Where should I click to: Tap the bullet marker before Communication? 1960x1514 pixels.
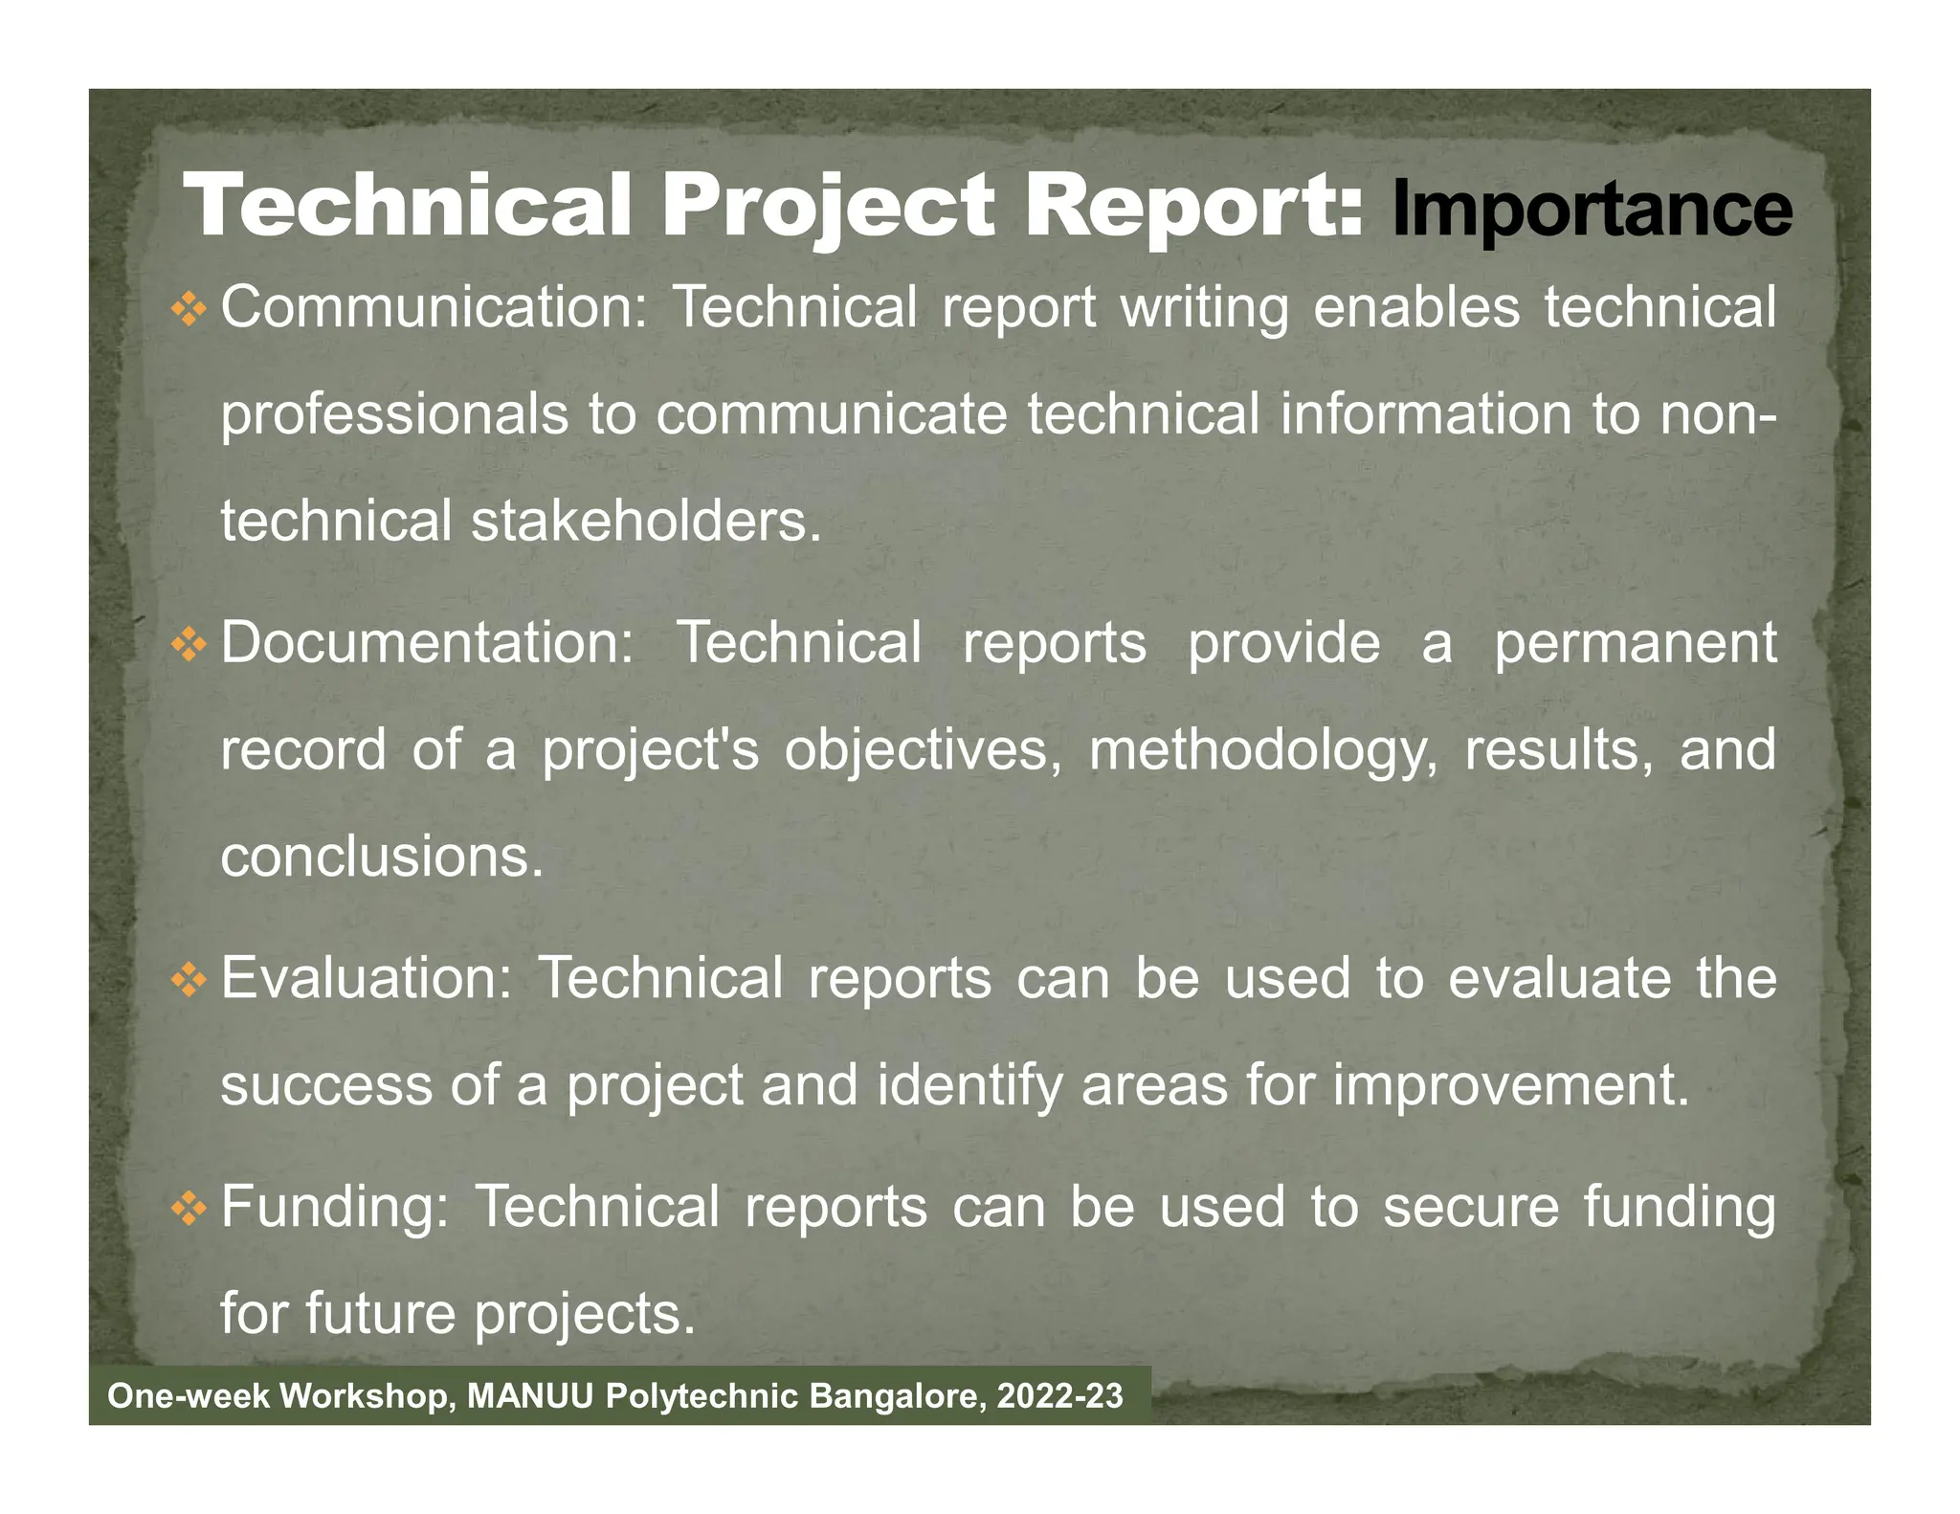coord(189,310)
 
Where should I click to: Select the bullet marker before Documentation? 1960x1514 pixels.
coord(189,645)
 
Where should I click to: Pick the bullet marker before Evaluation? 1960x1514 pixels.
coord(189,981)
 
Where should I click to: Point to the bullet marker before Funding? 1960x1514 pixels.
coord(189,1210)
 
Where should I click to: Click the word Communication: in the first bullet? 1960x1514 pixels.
coord(435,308)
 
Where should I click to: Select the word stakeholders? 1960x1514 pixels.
coord(646,523)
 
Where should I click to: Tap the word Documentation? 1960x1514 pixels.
coord(428,643)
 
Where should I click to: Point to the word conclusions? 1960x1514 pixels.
coord(382,857)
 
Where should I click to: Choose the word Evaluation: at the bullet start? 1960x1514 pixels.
coord(367,979)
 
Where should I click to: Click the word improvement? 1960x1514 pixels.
coord(1511,1086)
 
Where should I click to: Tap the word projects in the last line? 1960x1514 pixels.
coord(585,1315)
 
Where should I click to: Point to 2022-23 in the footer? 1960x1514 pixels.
coord(1059,1396)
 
